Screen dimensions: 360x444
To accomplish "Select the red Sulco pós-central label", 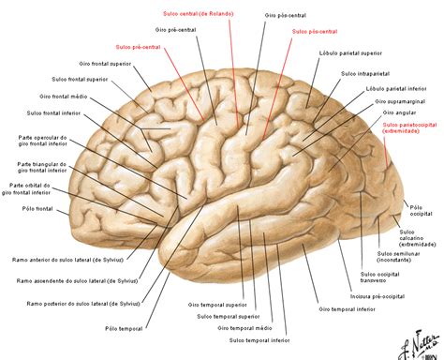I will tap(313, 31).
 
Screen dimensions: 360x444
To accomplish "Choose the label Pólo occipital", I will tap(422, 208).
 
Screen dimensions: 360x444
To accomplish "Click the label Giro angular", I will tap(393, 112).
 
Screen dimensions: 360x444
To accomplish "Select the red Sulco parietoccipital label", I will tap(413, 127).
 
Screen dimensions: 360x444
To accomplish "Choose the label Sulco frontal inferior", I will tap(48, 112).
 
